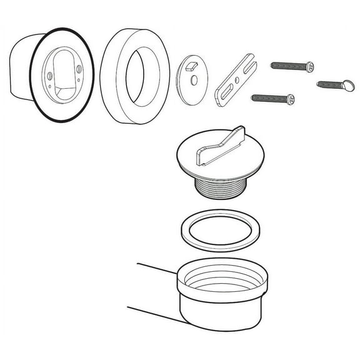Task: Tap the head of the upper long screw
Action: click(309, 66)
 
